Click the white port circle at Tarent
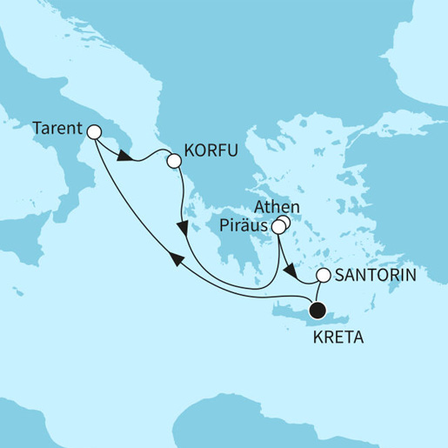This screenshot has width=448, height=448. point(93,132)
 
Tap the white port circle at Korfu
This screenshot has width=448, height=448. point(173,161)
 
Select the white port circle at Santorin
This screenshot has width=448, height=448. point(323,276)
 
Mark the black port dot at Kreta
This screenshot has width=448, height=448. point(318,308)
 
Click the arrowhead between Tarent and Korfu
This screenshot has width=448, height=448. point(125,159)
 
